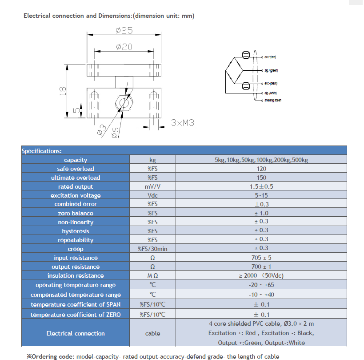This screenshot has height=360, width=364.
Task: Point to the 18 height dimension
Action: pyautogui.click(x=63, y=90)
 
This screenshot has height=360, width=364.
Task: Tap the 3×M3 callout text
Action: pyautogui.click(x=183, y=123)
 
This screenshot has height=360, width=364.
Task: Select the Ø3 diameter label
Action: pyautogui.click(x=101, y=129)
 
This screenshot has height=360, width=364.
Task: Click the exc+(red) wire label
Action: pyautogui.click(x=270, y=57)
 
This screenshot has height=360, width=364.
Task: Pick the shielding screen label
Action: pyautogui.click(x=272, y=100)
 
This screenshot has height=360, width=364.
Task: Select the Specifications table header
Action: pyautogui.click(x=42, y=151)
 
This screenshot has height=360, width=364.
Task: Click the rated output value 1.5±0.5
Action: pyautogui.click(x=261, y=186)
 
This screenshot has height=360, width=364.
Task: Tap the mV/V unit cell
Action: pyautogui.click(x=152, y=186)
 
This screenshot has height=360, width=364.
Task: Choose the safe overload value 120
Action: pyautogui.click(x=261, y=169)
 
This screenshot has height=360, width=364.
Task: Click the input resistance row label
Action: pyautogui.click(x=76, y=258)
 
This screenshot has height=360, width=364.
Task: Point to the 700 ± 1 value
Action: pyautogui.click(x=261, y=267)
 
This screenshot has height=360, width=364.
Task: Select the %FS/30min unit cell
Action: pyautogui.click(x=152, y=249)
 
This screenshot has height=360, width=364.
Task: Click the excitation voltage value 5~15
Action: pyautogui.click(x=261, y=195)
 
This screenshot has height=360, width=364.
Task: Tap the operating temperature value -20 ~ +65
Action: pyautogui.click(x=261, y=284)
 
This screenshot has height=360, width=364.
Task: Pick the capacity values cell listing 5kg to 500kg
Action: pyautogui.click(x=261, y=160)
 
